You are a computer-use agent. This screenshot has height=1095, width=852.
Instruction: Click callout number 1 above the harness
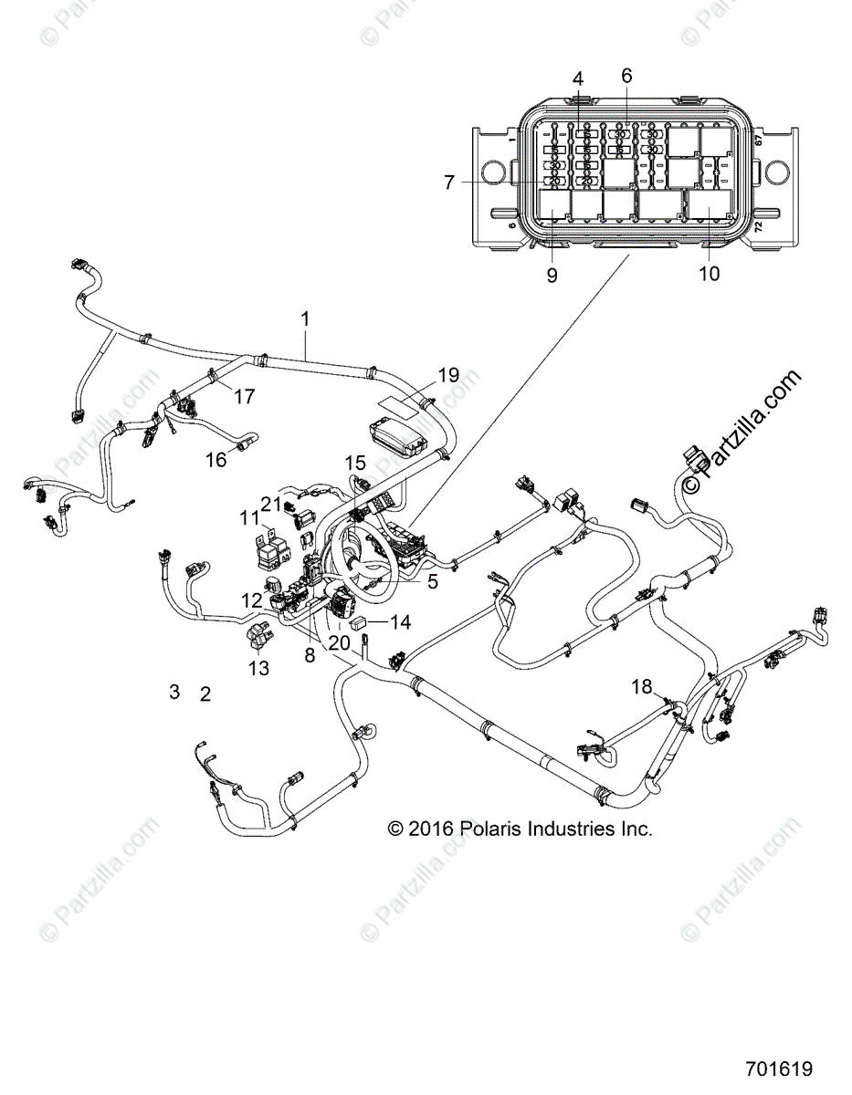(x=305, y=319)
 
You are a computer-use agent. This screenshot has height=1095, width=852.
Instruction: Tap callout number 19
(x=447, y=375)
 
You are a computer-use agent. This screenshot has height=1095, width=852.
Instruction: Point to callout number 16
(x=216, y=460)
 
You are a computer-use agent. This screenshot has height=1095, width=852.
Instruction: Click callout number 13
(x=259, y=668)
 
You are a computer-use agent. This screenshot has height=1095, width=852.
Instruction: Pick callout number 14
(x=401, y=622)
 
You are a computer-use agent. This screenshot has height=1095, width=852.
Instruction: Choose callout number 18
(x=643, y=685)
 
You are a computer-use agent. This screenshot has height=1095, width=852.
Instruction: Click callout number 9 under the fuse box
(x=552, y=275)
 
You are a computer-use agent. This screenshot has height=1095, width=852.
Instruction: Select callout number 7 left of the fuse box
(x=449, y=182)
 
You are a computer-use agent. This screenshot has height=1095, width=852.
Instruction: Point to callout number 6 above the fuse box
(x=626, y=76)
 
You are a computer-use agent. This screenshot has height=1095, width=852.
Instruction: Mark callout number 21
(x=271, y=504)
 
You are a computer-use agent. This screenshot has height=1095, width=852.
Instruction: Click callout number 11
(x=249, y=517)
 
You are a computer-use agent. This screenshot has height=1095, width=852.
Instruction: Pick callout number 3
(x=174, y=692)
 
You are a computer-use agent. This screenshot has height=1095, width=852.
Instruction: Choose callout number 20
(x=340, y=642)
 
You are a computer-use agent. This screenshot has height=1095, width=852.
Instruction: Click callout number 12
(x=251, y=600)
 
